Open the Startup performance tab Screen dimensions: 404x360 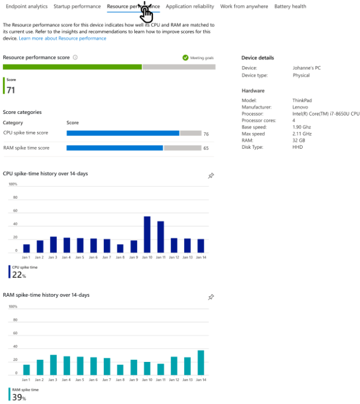tap(78, 7)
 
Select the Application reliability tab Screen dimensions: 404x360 tap(190, 7)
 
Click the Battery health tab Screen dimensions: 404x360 tap(290, 7)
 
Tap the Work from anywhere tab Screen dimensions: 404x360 tap(244, 7)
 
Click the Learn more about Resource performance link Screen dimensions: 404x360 tap(62, 38)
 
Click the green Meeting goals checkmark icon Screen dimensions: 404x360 tap(185, 57)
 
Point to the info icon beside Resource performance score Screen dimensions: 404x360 tap(75, 57)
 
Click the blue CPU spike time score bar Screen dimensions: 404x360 tap(122, 134)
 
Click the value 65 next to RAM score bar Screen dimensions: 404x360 tap(206, 149)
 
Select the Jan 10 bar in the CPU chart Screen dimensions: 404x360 tap(147, 235)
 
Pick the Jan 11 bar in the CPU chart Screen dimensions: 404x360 tap(161, 237)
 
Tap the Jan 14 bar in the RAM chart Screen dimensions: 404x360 tap(200, 362)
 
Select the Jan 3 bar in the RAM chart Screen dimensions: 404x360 tap(53, 365)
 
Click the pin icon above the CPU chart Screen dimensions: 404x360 tap(211, 176)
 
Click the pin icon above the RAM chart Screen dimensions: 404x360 tap(211, 297)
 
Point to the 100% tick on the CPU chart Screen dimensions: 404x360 tap(12, 184)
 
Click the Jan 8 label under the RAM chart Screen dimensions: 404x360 tap(120, 380)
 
